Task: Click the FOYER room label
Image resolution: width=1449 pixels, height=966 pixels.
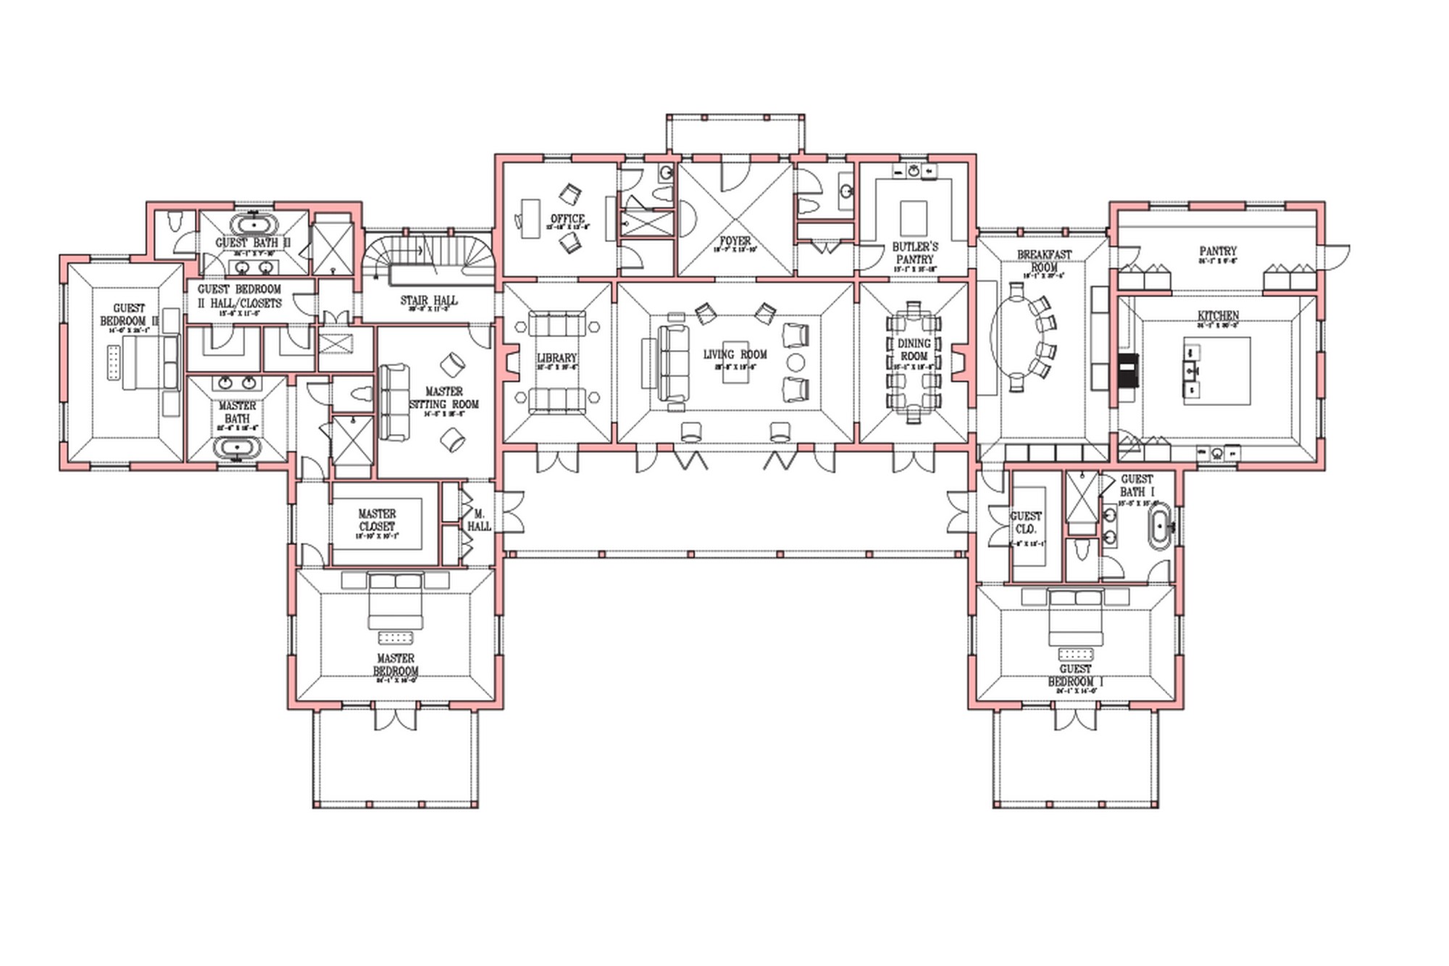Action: coord(735,241)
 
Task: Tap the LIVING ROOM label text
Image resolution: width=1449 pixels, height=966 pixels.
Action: coord(735,354)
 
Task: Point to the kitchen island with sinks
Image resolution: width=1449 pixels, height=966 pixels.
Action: coord(1217,370)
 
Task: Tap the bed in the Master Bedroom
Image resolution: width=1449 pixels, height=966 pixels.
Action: coord(396,601)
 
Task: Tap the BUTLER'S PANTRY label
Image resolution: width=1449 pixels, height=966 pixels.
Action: coord(915,253)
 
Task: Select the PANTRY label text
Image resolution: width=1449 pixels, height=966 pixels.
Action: coord(1217,251)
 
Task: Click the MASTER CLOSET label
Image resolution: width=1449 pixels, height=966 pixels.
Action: coord(377,520)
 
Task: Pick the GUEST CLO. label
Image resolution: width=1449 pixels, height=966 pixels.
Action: coord(1026,522)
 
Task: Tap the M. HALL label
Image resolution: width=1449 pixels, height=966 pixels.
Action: coord(479,520)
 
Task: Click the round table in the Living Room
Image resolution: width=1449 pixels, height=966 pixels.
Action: coord(796,362)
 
